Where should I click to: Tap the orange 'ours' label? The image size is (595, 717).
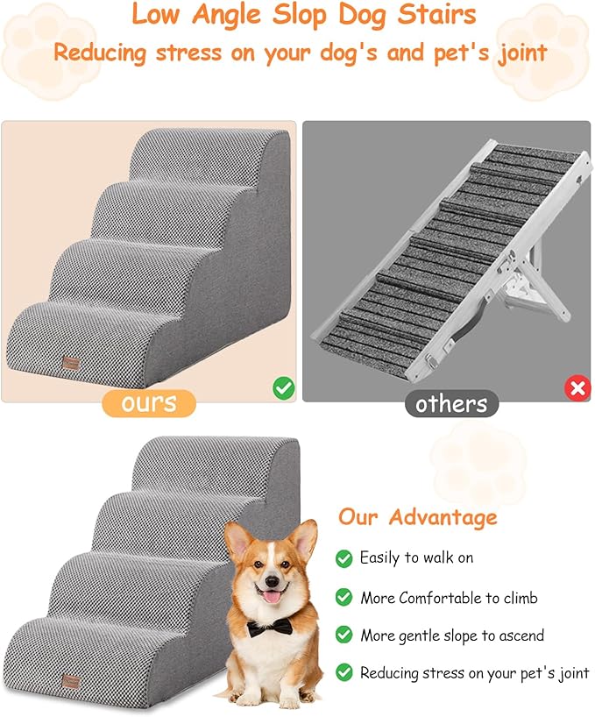148,402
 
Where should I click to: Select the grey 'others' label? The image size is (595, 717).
450,404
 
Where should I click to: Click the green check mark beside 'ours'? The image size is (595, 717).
283,388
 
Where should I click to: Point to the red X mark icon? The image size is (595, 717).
577,389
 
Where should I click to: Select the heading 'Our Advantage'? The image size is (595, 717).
417,516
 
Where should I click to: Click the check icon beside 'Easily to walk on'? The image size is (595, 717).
344,558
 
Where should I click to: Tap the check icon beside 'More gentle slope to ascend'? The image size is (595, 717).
344,635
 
